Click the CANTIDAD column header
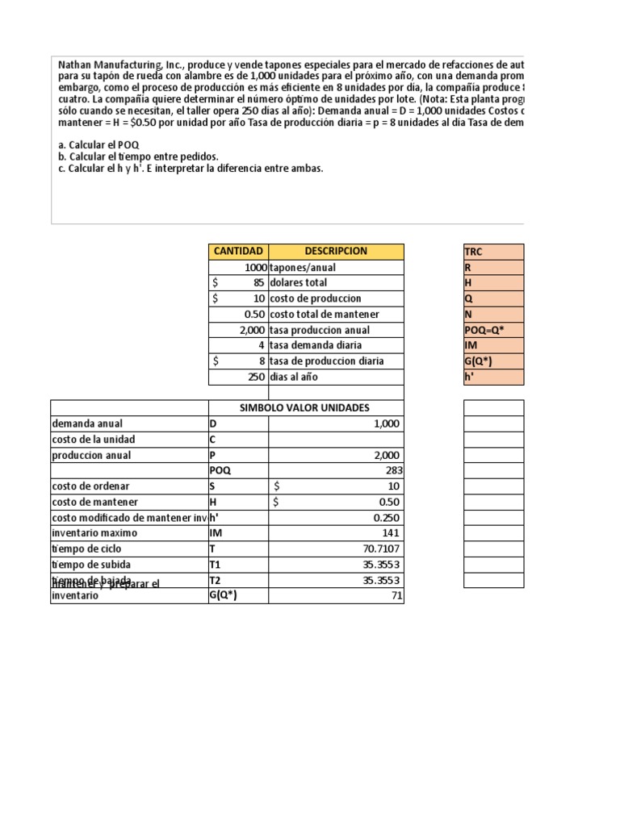click(x=238, y=252)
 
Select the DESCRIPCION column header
click(x=336, y=252)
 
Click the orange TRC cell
click(x=493, y=252)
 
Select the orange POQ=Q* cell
click(x=493, y=330)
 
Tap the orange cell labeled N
click(x=493, y=315)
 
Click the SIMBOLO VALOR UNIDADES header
click(x=306, y=408)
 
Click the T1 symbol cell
click(x=237, y=565)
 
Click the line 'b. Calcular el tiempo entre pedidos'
click(x=138, y=156)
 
